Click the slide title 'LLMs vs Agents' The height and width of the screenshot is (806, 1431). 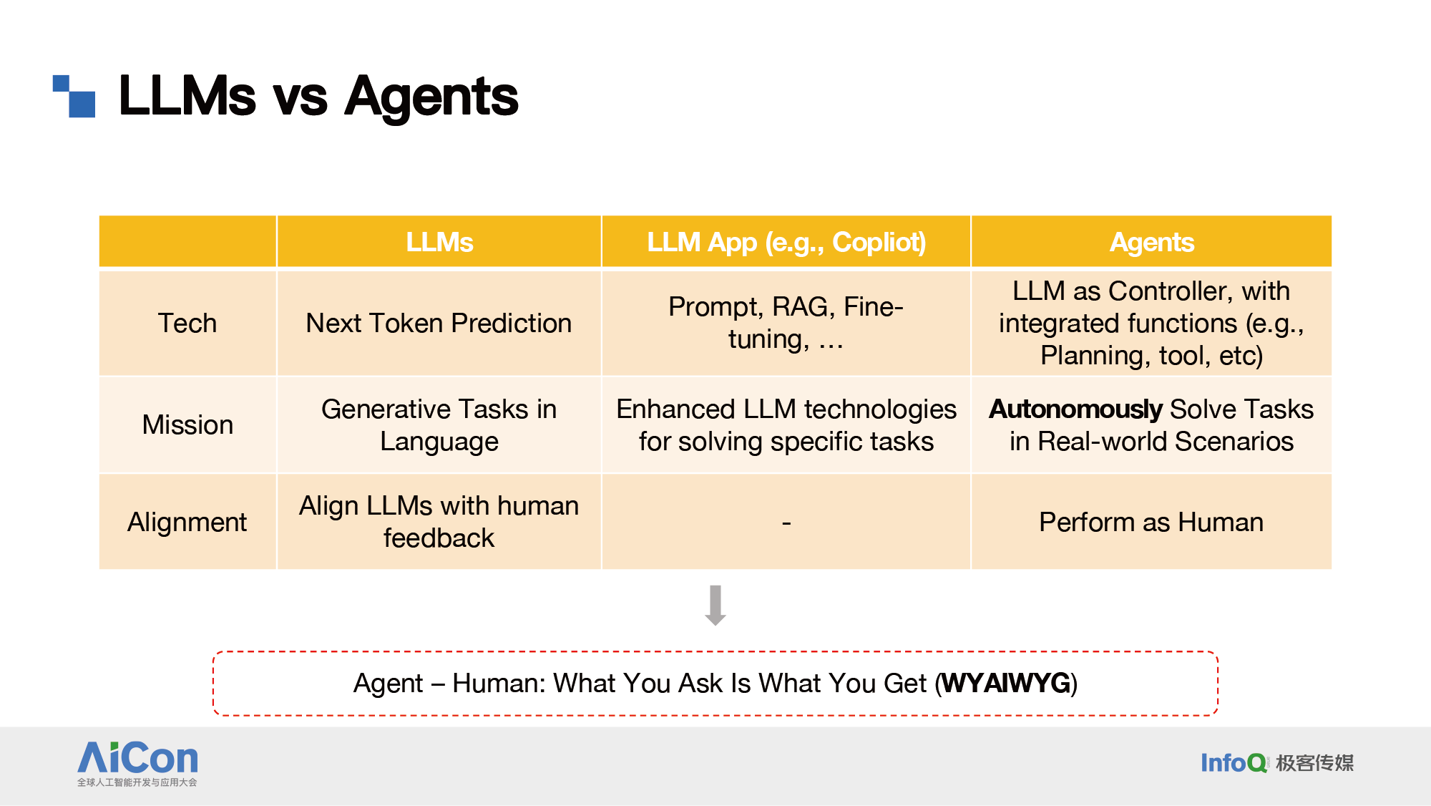tap(318, 96)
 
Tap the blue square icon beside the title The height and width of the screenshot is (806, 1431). tap(74, 96)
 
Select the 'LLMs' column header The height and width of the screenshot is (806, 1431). tap(439, 242)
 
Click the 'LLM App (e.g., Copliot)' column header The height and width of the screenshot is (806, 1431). tap(786, 242)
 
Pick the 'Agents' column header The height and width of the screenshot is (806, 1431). tap(1151, 242)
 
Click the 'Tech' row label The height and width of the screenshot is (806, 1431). tap(187, 323)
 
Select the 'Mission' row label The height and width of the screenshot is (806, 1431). tap(187, 424)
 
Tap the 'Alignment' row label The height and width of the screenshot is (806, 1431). tap(187, 522)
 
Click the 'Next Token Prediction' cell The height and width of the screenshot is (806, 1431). tap(439, 323)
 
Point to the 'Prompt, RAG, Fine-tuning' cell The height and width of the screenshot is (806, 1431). tap(786, 323)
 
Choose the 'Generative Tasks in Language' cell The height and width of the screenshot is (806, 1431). tap(439, 425)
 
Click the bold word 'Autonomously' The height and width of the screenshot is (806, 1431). tap(1075, 409)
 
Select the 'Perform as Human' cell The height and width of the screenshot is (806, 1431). tap(1151, 522)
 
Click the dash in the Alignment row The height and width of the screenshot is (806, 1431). tap(786, 523)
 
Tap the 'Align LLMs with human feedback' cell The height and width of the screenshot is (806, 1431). tap(439, 522)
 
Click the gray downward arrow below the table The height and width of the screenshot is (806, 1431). tap(715, 606)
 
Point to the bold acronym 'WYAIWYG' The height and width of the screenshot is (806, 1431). tap(1006, 683)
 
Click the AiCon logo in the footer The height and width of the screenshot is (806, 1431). tap(137, 763)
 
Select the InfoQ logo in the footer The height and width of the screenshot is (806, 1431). tap(1277, 763)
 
